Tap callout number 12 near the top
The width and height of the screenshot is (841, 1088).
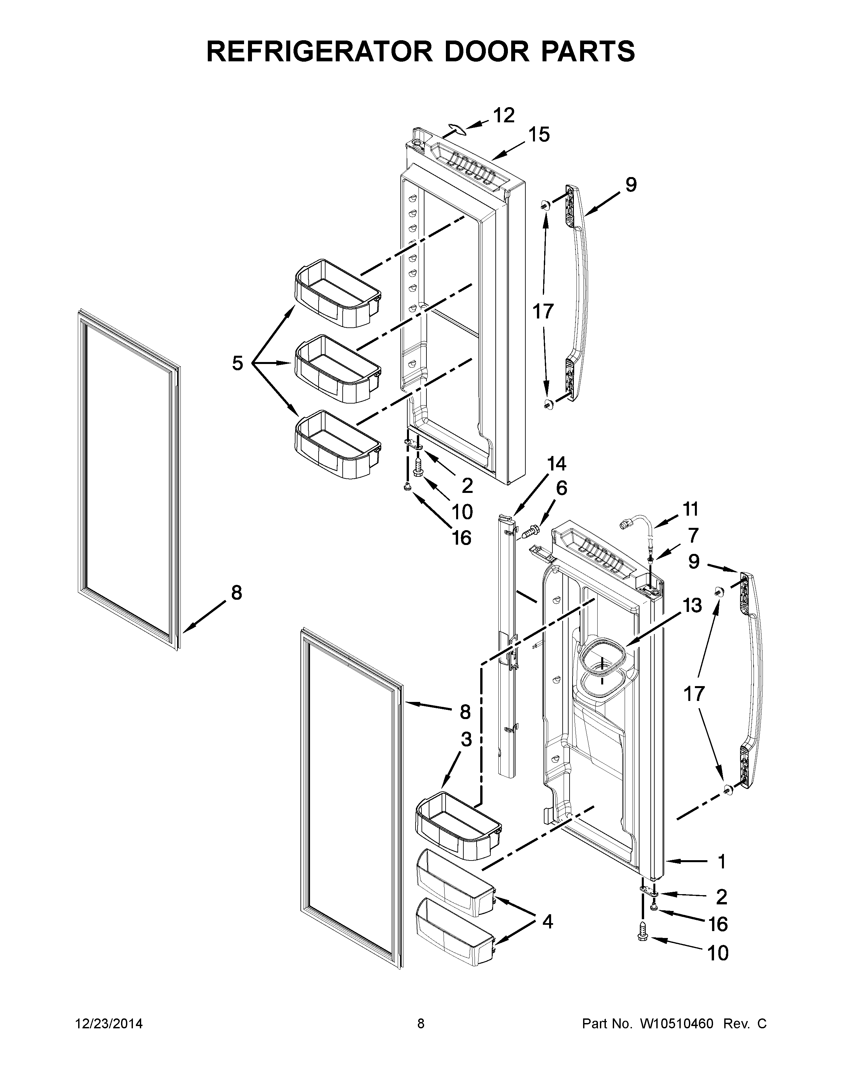pyautogui.click(x=503, y=116)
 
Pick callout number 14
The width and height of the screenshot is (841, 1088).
pyautogui.click(x=556, y=464)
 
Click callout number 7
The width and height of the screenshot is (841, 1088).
pyautogui.click(x=693, y=535)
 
